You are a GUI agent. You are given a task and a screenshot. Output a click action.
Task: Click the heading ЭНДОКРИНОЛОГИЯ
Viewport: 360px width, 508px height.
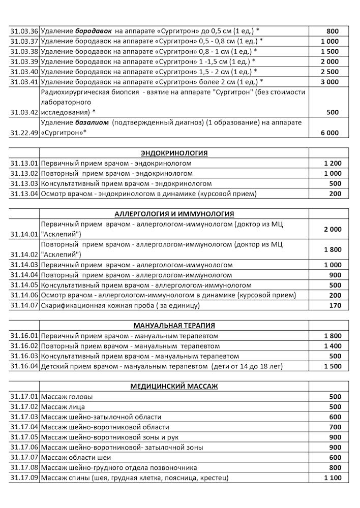174,153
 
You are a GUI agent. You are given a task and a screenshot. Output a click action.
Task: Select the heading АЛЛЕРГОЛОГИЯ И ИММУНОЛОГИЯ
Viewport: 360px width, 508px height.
174,214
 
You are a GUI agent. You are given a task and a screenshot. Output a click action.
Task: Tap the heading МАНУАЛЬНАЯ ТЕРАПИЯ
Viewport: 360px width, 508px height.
174,326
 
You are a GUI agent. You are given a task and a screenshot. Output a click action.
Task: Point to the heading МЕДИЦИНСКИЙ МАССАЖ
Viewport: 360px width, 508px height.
174,387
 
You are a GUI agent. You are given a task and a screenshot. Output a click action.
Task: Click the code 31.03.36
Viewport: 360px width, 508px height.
24,31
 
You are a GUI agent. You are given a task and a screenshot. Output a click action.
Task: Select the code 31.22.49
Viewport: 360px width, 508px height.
24,133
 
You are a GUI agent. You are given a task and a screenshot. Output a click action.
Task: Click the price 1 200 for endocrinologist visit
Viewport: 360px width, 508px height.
332,163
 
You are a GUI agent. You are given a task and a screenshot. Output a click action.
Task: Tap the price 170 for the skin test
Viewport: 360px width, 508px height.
335,305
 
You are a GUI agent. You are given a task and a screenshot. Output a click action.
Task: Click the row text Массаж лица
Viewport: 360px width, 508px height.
63,407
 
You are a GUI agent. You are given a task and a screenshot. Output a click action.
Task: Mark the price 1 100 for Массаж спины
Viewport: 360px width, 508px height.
332,478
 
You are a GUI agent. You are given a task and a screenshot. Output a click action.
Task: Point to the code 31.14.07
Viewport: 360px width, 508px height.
24,305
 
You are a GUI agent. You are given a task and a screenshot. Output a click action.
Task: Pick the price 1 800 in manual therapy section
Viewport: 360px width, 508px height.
332,336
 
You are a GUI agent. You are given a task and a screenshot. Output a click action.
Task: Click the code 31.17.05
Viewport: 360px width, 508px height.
24,437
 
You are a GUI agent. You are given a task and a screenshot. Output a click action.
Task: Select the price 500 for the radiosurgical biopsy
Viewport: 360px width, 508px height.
334,112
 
